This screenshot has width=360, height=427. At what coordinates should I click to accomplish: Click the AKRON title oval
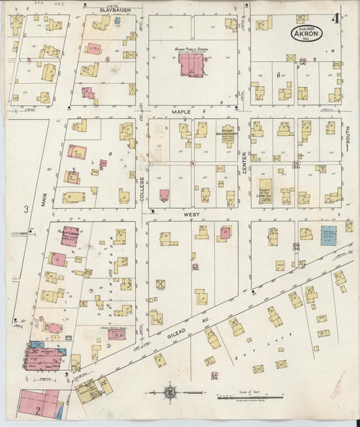click(307, 32)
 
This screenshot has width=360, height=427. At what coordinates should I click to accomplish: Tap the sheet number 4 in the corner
click(335, 19)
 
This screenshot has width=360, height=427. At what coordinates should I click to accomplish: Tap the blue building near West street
click(329, 236)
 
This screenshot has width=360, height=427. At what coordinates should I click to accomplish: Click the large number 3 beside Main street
click(26, 210)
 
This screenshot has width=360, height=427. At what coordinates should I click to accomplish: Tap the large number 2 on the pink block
click(38, 408)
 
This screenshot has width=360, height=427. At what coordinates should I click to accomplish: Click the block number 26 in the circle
click(303, 61)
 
